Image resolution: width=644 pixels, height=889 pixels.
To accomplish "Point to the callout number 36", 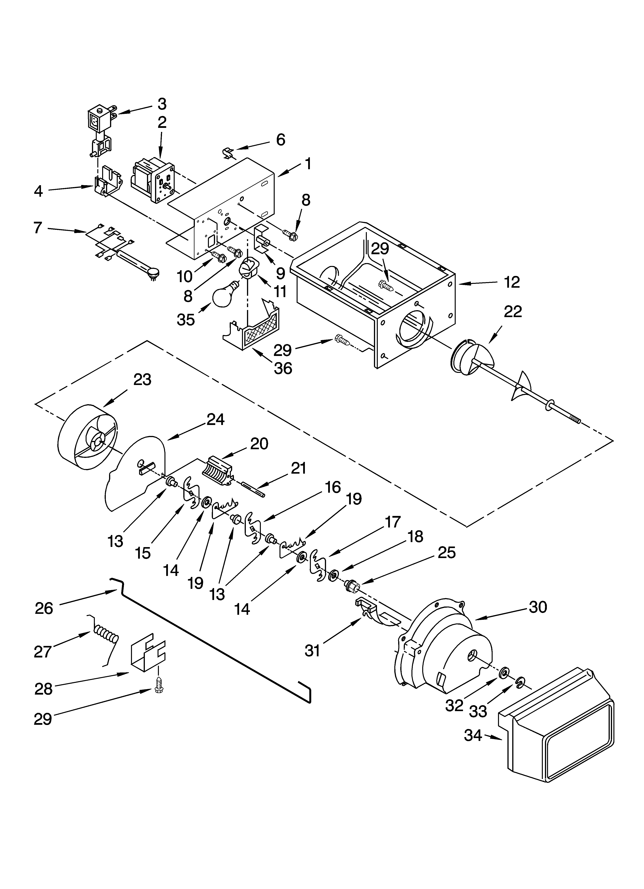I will (x=283, y=368).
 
